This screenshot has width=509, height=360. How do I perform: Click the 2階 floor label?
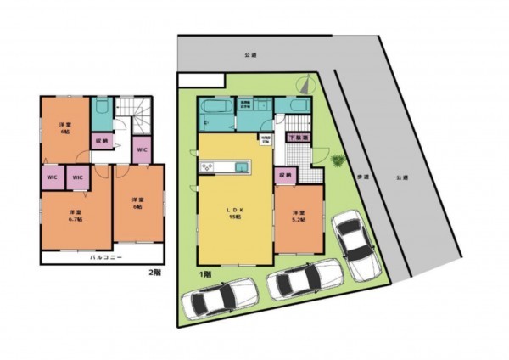click(154, 273)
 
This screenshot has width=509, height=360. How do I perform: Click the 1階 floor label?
click(204, 274)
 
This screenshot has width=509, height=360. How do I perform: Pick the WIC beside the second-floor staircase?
click(142, 149)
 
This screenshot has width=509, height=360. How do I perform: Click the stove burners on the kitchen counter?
click(207, 166)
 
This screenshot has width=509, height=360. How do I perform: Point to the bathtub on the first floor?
click(210, 109)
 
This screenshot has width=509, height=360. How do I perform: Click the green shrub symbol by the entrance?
click(337, 160)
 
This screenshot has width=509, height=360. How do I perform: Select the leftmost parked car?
click(219, 297)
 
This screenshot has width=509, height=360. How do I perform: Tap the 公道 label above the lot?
click(249, 55)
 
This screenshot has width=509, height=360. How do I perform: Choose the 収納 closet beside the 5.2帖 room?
click(285, 175)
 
